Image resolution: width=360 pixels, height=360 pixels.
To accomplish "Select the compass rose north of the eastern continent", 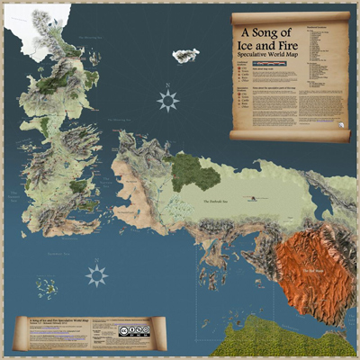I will tap(167, 101).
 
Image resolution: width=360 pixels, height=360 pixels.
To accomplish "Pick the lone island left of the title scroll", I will tap(186, 56).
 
